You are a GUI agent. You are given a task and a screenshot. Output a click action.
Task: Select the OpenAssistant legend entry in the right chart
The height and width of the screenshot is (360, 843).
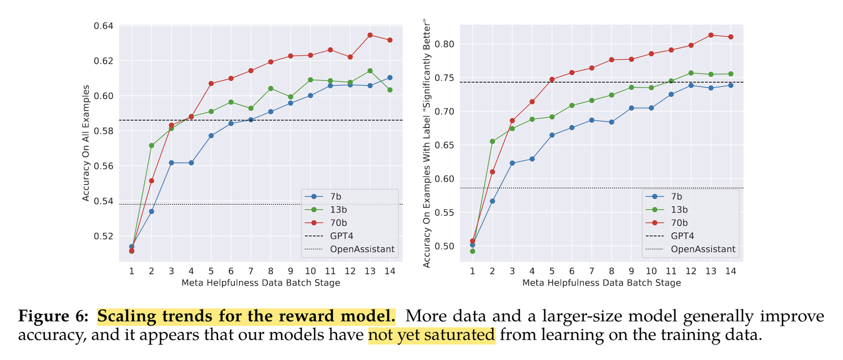point(703,249)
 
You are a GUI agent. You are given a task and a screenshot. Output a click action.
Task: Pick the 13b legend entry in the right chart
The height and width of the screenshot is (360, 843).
point(679,209)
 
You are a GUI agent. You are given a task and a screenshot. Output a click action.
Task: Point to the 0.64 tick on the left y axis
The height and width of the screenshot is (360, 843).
point(105,26)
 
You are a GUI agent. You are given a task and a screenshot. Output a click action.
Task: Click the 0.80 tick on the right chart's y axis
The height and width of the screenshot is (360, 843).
point(444,44)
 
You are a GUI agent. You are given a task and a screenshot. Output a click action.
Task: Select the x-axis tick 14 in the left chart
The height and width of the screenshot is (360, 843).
point(390,271)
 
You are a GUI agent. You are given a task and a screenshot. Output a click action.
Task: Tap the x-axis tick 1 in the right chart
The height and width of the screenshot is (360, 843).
point(473,271)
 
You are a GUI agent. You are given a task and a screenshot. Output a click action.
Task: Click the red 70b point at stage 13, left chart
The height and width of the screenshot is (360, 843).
point(370,35)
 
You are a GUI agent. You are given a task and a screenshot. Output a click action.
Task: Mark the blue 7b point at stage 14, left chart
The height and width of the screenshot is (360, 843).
point(390,78)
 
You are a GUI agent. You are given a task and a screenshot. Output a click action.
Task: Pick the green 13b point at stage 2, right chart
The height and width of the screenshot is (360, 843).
point(493,141)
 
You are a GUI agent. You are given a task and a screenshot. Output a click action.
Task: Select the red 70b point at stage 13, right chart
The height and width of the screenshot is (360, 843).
point(711,35)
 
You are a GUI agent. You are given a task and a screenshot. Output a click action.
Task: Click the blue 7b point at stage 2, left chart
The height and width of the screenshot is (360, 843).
point(151,211)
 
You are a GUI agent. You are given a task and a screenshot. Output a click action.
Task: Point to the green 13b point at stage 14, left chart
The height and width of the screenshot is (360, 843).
point(390,90)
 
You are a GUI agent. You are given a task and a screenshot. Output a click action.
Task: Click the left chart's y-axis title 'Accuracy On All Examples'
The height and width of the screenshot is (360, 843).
point(86,143)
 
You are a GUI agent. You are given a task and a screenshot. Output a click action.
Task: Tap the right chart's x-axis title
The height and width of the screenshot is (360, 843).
point(601,283)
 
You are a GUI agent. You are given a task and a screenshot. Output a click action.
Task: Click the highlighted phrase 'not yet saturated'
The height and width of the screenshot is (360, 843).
point(432,335)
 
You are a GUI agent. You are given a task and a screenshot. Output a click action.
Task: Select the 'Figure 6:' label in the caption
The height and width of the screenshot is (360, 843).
point(54,317)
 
